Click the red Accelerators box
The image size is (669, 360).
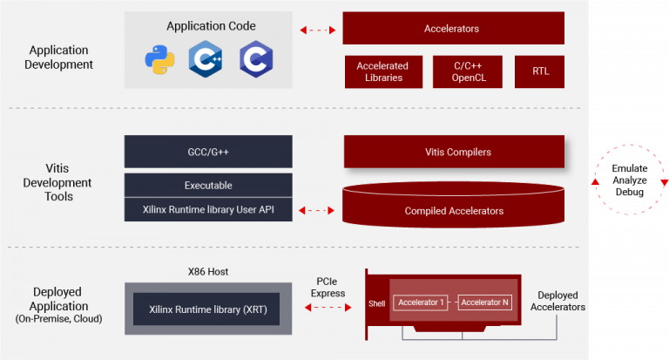tap(452, 29)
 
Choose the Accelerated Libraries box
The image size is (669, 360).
tap(383, 71)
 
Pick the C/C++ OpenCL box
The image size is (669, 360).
tap(467, 71)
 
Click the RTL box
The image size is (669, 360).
tap(540, 71)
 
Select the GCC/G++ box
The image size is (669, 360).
tap(207, 152)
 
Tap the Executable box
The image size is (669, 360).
tap(207, 185)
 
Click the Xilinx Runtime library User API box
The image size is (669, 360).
tap(207, 209)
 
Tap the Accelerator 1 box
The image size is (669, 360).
tap(421, 302)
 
